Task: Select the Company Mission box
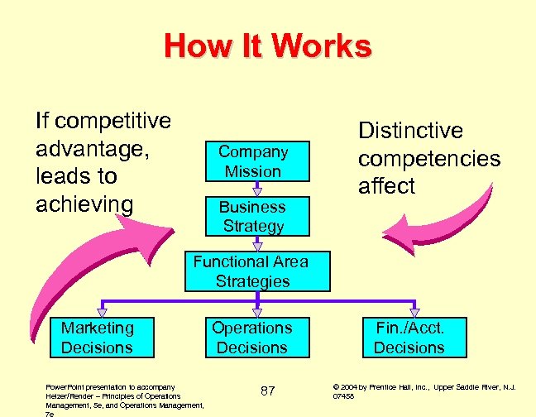point(252,161)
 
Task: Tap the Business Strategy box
point(252,216)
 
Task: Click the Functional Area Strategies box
point(251,271)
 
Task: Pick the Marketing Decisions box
point(97,337)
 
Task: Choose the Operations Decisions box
point(251,337)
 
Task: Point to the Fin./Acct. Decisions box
point(409,337)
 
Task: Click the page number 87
point(267,391)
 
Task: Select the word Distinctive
point(410,131)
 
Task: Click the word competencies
point(428,158)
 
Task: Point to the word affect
point(385,186)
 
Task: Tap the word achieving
point(84,204)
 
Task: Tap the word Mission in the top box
point(253,172)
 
